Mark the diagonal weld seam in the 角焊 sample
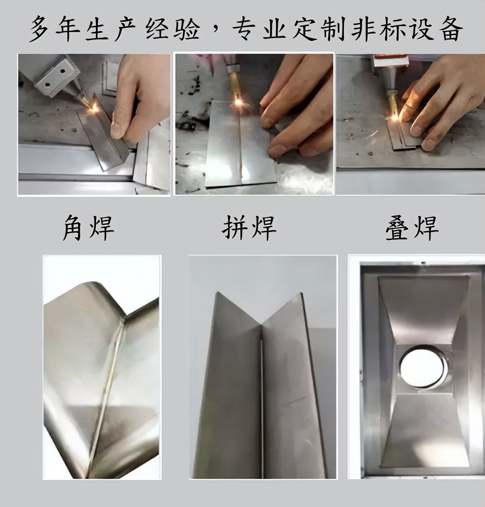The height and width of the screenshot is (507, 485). point(107,389)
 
